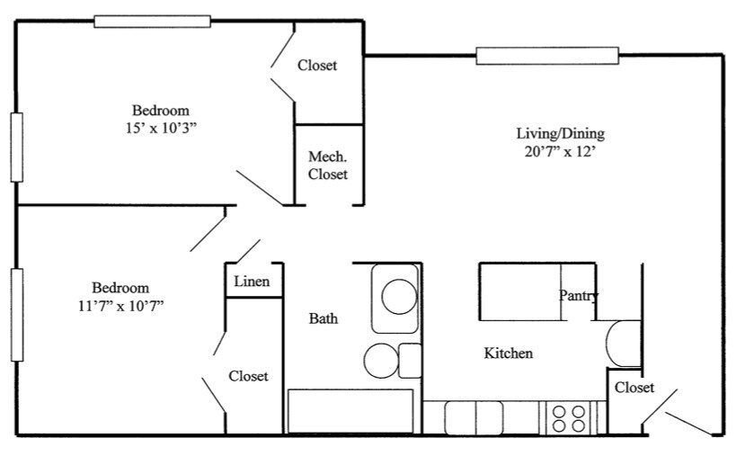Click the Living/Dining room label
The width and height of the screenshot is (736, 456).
(x=560, y=134)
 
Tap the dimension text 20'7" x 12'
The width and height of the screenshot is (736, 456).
(x=560, y=152)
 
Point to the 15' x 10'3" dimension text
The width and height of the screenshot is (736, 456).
(x=162, y=127)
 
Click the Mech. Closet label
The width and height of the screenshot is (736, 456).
(x=328, y=165)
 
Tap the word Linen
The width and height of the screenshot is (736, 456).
(x=252, y=282)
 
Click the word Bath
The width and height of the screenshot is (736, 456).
(x=324, y=318)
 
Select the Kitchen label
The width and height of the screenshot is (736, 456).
(x=509, y=353)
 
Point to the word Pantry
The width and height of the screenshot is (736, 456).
(x=579, y=295)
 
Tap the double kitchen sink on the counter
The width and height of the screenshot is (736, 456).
(x=474, y=418)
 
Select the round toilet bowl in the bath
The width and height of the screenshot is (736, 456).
(x=381, y=360)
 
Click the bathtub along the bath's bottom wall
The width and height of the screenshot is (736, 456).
(x=350, y=412)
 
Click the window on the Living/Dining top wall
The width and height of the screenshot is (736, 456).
(x=547, y=56)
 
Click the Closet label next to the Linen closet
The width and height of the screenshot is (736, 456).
(x=248, y=376)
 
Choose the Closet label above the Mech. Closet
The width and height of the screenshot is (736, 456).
(x=317, y=66)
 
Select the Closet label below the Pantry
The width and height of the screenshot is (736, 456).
(x=634, y=388)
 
